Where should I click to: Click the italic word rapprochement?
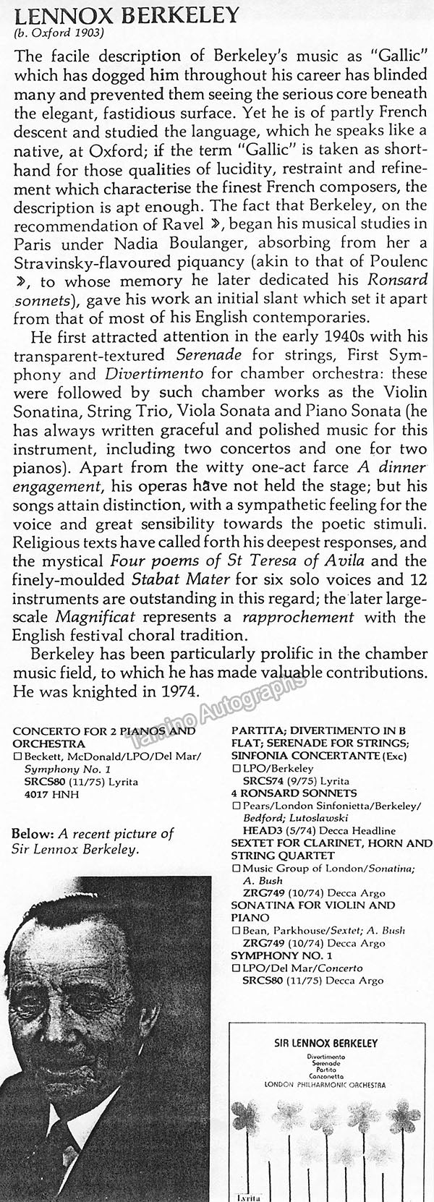pos(307,617)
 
